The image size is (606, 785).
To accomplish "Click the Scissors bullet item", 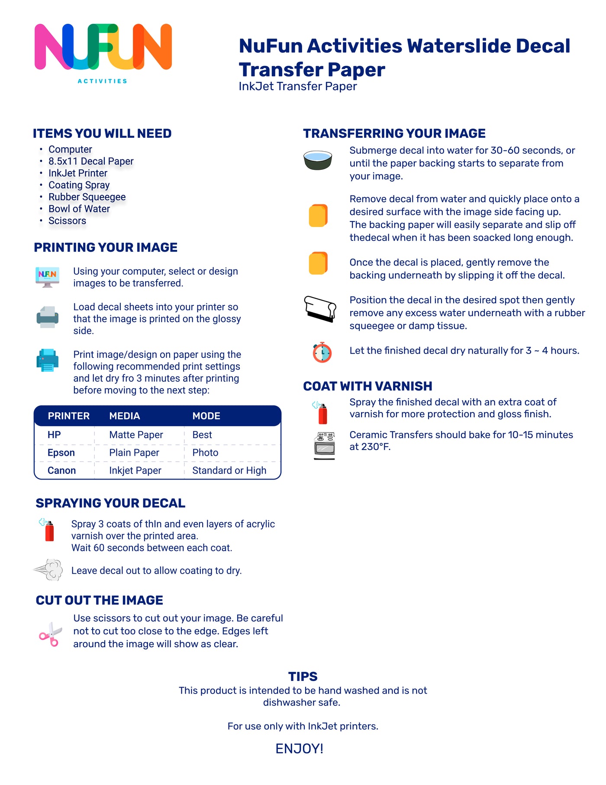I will point(67,221).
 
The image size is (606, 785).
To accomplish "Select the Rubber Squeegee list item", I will point(87,197).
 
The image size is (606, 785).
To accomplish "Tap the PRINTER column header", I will point(68,416).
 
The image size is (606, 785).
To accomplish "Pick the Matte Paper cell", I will point(136,435).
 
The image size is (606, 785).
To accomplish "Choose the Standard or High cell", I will point(229,470).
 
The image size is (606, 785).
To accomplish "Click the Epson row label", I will point(61,453).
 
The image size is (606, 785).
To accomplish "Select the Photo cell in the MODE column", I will point(205,453).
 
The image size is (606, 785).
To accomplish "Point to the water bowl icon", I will point(318,160).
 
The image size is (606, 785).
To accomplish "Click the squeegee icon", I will point(320,309).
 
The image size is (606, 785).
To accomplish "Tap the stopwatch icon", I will point(322,352).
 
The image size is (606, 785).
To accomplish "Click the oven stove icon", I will point(325,445).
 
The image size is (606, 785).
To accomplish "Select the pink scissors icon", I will point(50,634).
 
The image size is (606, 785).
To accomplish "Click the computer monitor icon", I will point(47,276).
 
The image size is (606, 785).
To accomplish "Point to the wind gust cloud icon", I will point(49,569).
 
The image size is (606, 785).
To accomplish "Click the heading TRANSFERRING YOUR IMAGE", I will point(394,133).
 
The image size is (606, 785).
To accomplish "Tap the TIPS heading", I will point(303,676).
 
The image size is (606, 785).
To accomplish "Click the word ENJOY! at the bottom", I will point(300,749).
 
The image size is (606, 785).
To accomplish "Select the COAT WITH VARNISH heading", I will point(367,386).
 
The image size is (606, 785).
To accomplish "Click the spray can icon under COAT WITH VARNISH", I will point(321,412).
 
